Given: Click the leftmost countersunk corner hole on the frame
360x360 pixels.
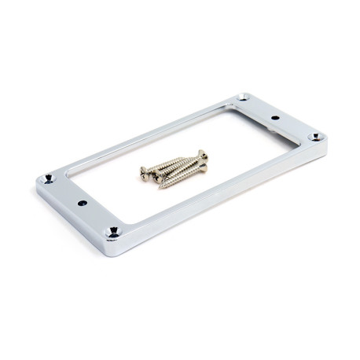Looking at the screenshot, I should (50, 179).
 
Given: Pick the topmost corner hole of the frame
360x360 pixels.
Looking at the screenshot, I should (244, 98).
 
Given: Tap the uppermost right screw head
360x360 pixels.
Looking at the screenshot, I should (202, 154).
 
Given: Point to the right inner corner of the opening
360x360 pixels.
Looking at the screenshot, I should (291, 138).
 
